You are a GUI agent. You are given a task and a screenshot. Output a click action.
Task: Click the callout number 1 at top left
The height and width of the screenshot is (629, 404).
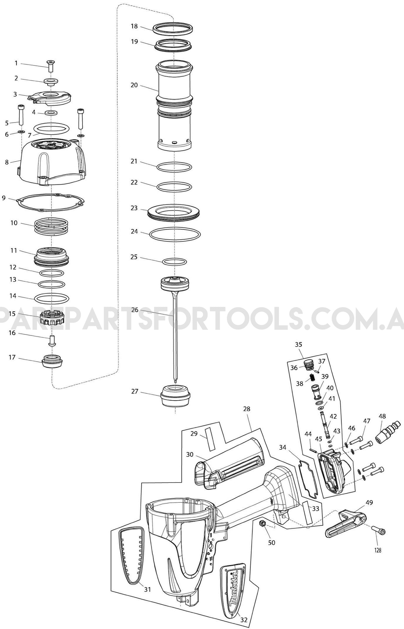click(x=16, y=63)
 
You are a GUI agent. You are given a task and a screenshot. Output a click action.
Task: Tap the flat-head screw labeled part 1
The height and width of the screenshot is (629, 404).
click(x=50, y=65)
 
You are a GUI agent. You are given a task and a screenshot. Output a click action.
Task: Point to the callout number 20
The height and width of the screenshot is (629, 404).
click(x=134, y=85)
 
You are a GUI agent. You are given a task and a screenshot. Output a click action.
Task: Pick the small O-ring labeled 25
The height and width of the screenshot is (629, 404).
click(x=174, y=261)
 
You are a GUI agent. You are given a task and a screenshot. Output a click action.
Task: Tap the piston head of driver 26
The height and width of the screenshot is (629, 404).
click(x=175, y=283)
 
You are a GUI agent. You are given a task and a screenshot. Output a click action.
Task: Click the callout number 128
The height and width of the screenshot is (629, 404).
click(x=378, y=550)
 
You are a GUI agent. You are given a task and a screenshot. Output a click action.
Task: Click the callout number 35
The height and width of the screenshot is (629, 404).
click(x=298, y=344)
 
